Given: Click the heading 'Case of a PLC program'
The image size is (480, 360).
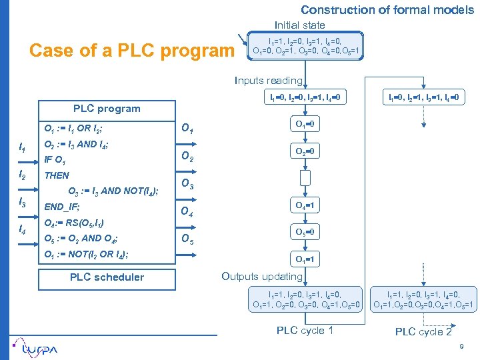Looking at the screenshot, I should (133, 51).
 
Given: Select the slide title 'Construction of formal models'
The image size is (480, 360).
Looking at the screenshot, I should (387, 9).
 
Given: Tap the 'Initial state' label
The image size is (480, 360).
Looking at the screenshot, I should (300, 25).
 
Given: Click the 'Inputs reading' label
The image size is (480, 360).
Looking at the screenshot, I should (269, 81).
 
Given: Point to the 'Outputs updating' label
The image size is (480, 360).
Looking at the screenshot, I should (262, 276).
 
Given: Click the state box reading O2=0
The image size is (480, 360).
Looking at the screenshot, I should (305, 151).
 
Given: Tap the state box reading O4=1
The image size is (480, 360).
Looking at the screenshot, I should (305, 206).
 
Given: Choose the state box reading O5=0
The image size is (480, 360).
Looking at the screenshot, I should (305, 232).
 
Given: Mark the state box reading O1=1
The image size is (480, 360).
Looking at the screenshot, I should (305, 259).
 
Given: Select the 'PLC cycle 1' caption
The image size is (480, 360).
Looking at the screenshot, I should (305, 331).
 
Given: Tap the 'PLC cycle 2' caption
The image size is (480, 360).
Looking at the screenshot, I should (423, 332).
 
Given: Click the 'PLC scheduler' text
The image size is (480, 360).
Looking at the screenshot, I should (107, 277).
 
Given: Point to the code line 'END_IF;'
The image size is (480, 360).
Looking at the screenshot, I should (61, 207).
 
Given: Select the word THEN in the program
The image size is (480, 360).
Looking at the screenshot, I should (57, 175).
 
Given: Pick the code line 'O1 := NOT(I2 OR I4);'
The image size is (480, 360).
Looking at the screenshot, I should (86, 254).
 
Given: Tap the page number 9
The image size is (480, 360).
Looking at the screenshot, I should (461, 347).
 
